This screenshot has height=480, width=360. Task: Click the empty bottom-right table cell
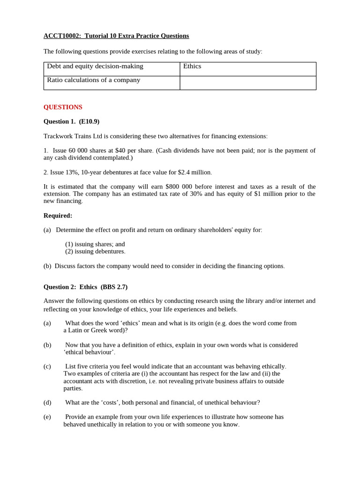pos(247,83)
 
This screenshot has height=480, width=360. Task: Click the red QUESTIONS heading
pos(63,107)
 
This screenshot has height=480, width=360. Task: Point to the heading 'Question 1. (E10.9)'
pos(71,121)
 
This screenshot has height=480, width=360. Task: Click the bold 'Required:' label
pos(58,216)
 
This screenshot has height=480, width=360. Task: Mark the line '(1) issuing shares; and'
pos(95,244)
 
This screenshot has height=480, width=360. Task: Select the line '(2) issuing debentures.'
pos(95,251)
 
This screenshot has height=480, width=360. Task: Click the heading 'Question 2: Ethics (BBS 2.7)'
pos(85,287)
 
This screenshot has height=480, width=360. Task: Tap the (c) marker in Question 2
pos(47,367)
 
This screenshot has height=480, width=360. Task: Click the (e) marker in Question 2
pos(47,417)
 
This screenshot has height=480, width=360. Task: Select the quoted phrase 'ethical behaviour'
pos(89,352)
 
